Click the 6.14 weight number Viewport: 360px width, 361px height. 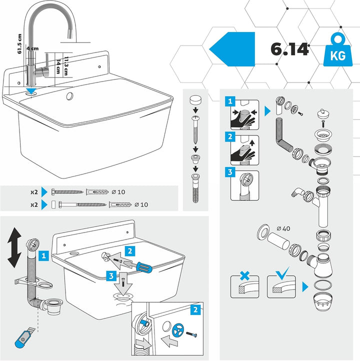click(289, 49)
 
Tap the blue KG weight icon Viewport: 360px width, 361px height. click(337, 50)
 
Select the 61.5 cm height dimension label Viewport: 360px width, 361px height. click(19, 43)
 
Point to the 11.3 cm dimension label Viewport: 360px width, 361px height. click(66, 66)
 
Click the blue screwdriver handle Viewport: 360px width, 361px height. click(144, 268)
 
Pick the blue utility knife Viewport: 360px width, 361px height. click(23, 338)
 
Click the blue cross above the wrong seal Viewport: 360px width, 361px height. click(244, 275)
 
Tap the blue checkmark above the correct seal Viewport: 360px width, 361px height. click(282, 273)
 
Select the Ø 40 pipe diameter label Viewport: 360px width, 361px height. click(283, 228)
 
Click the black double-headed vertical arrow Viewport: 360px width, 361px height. click(14, 247)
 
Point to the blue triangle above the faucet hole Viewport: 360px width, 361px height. click(31, 90)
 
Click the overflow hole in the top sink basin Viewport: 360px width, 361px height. click(69, 96)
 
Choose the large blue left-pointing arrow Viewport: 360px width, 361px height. click(232, 49)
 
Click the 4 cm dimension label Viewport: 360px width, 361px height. click(32, 48)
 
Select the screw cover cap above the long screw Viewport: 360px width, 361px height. click(195, 100)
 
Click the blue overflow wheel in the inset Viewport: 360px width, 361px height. click(178, 330)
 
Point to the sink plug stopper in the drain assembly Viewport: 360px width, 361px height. click(323, 114)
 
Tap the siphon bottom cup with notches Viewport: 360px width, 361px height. click(322, 301)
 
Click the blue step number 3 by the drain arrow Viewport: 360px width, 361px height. click(111, 276)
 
